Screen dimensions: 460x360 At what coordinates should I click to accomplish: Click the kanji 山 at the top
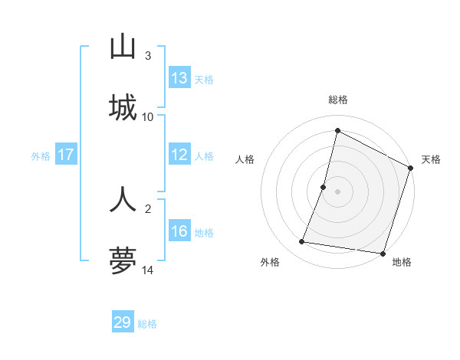[123, 47]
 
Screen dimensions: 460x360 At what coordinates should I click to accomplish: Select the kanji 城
[123, 108]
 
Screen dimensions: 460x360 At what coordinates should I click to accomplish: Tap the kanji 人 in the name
[123, 198]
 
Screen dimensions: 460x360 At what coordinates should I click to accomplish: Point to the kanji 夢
[123, 260]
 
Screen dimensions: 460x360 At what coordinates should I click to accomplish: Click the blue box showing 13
[179, 78]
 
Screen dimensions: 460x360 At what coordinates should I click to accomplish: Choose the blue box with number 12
[179, 155]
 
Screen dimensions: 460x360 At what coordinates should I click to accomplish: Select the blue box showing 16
[179, 231]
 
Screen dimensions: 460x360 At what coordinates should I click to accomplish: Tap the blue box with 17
[66, 155]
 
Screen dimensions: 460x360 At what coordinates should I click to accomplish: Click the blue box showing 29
[123, 322]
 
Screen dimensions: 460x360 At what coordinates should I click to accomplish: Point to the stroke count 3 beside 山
[148, 56]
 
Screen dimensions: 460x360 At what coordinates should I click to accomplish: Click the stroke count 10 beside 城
[148, 117]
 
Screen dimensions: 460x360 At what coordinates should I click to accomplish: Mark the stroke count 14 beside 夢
[148, 270]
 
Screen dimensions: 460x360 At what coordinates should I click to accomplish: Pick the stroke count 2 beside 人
[148, 208]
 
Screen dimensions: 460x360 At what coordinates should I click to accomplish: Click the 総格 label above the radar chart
[338, 100]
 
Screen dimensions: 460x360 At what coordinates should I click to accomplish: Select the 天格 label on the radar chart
[431, 159]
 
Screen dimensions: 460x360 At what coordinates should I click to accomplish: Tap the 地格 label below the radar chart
[402, 263]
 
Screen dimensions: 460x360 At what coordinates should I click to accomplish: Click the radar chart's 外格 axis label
[270, 263]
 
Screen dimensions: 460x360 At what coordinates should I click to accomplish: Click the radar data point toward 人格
[324, 187]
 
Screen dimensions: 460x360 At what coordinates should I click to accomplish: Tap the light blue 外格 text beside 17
[41, 156]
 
